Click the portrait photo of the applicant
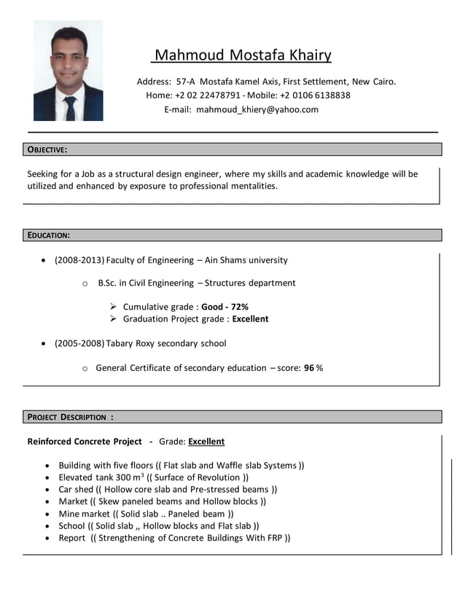pos(68,71)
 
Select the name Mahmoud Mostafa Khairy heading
pos(243,55)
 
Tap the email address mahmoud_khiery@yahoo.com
pos(257,109)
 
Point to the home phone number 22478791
pos(219,95)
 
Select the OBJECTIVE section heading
pos(47,149)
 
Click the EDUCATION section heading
pos(49,235)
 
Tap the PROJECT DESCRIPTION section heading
pos(70,417)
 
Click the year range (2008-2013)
pos(79,260)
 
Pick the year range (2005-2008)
pos(79,343)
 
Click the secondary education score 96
pos(309,368)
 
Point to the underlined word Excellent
pos(206,442)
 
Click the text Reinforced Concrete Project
pos(85,442)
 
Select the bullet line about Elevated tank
pos(154,477)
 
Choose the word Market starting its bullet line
pos(73,501)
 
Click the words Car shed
pos(76,490)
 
